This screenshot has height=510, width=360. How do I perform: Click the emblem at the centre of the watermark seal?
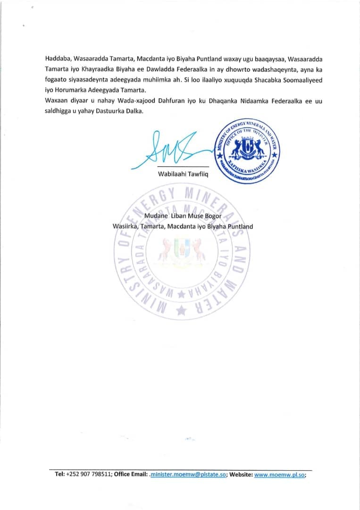tap(182, 249)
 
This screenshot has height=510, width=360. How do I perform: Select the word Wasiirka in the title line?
tap(126, 226)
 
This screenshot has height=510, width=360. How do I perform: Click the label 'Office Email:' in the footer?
tap(131, 475)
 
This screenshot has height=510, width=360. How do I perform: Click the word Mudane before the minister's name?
tap(156, 217)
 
